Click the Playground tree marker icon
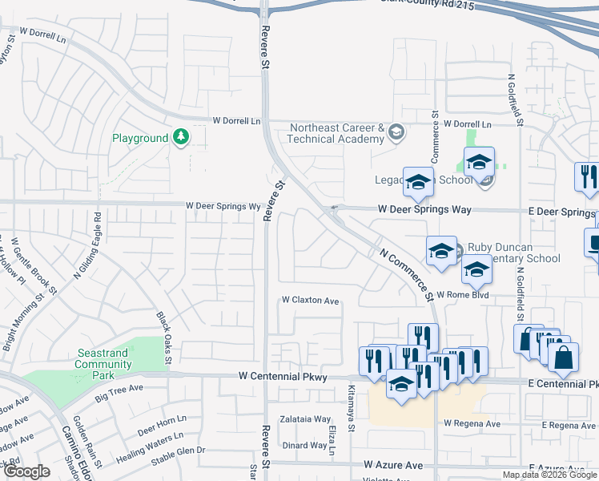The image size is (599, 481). click(x=182, y=138)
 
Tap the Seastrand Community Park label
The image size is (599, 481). click(x=104, y=364)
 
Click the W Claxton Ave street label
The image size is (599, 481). click(x=310, y=301)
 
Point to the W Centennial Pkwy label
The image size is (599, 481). click(x=283, y=376)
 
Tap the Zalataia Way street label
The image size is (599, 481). click(x=305, y=419)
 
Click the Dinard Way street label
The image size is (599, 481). click(x=305, y=445)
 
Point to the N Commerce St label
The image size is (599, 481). click(x=406, y=273)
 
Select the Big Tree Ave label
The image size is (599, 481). click(x=119, y=391)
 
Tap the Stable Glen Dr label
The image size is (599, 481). click(x=178, y=451)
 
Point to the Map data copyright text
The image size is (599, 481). click(x=549, y=475)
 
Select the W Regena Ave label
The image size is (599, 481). click(x=472, y=423)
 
